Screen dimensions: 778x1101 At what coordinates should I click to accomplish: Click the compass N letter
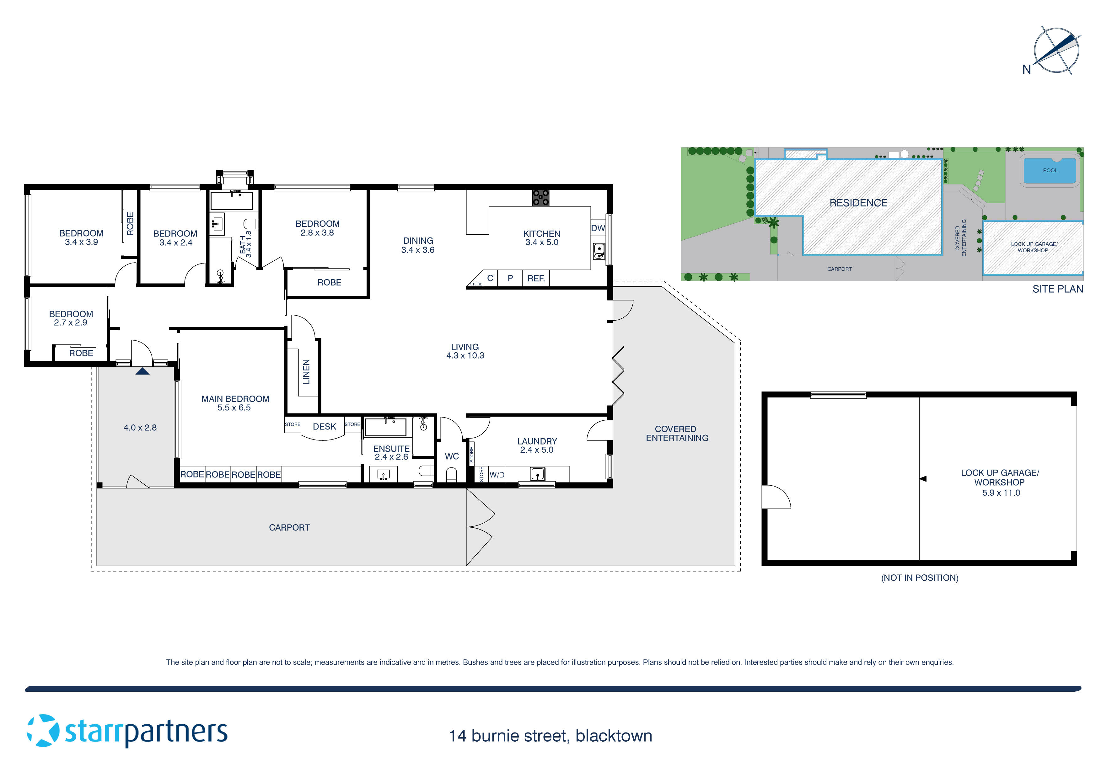(1026, 70)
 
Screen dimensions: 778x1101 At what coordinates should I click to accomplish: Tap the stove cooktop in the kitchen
(540, 198)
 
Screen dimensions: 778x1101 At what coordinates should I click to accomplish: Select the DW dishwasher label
(598, 228)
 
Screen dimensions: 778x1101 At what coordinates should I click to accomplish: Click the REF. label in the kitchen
(536, 279)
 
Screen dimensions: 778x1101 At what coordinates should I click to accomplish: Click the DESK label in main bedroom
(324, 427)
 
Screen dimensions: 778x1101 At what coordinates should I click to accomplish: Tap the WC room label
(452, 456)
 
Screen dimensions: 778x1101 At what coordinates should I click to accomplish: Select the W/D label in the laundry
(497, 475)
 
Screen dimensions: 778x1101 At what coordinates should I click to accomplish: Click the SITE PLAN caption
(1057, 289)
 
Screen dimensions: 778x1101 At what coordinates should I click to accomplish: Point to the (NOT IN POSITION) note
(919, 578)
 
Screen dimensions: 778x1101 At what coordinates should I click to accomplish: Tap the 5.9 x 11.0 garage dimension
(1001, 493)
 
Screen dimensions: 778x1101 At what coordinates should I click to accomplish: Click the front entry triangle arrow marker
(142, 371)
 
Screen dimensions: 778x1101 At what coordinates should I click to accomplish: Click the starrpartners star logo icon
(43, 731)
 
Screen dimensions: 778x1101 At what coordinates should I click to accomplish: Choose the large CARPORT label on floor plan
(289, 528)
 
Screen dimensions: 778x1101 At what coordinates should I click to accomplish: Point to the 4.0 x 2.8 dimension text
(140, 428)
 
